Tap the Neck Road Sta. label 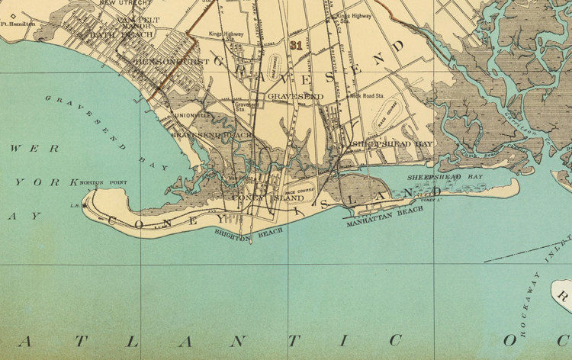pos(366,97)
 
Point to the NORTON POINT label pos(101,183)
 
